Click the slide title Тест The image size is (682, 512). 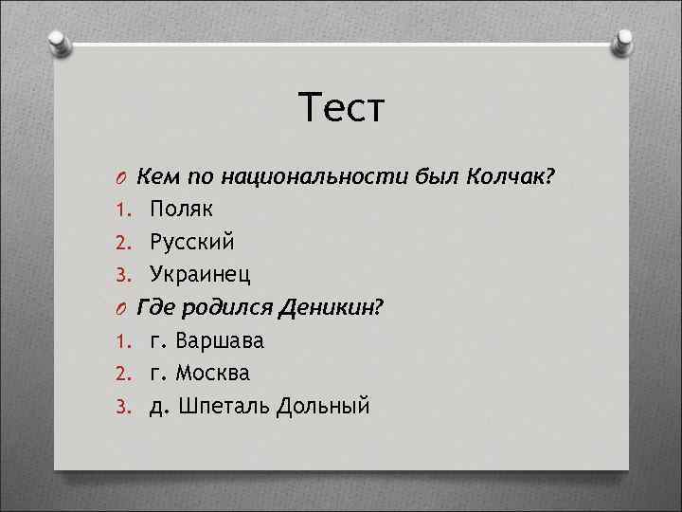[341, 107]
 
